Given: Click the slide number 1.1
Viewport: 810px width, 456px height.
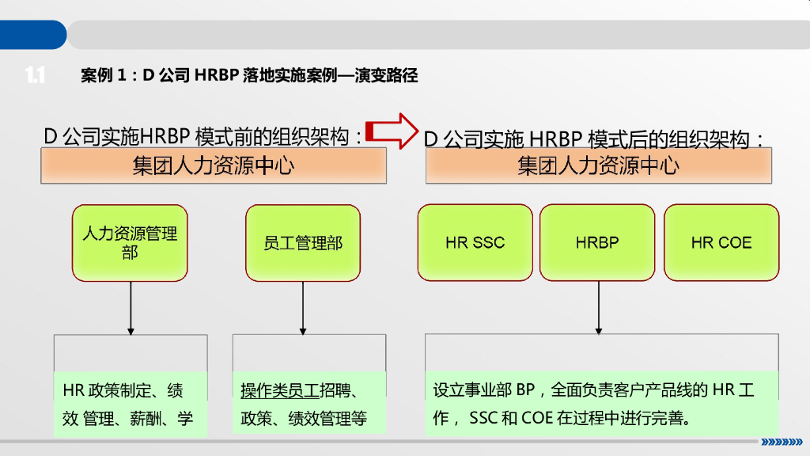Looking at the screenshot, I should point(34,75).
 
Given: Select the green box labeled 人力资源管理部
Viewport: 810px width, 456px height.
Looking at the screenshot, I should point(130,242).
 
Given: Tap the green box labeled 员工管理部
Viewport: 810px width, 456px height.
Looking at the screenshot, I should point(303,242).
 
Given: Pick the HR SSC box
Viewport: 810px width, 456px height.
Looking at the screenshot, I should point(475,242).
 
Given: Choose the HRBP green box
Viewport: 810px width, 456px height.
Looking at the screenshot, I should point(597,242).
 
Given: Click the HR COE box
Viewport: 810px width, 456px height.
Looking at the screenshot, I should point(721,242).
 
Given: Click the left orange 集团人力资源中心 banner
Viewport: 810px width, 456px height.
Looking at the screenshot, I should point(214,166).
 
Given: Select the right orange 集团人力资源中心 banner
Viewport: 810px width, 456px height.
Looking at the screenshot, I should point(599,166).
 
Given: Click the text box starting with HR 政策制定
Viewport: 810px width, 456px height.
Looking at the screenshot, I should point(130,404).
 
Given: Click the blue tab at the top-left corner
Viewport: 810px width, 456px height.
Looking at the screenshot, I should point(32,35).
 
